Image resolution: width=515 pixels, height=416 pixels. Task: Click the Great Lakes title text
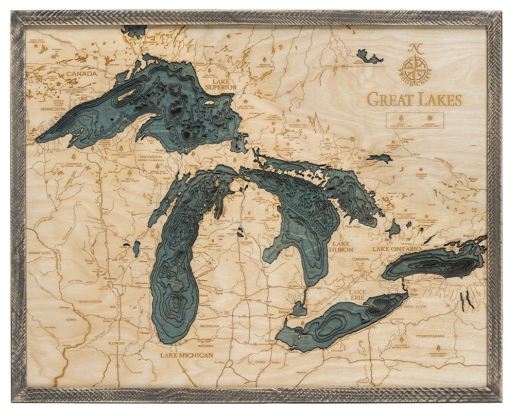414,100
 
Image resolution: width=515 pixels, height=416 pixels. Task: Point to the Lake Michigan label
186,355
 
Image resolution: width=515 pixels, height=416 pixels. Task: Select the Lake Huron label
342,246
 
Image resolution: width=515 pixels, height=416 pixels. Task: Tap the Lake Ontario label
397,249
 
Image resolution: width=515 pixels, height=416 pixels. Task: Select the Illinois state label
117,342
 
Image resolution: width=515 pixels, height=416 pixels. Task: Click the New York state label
416,306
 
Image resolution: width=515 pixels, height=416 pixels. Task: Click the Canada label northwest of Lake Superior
81,74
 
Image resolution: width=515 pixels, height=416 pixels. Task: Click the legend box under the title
415,120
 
